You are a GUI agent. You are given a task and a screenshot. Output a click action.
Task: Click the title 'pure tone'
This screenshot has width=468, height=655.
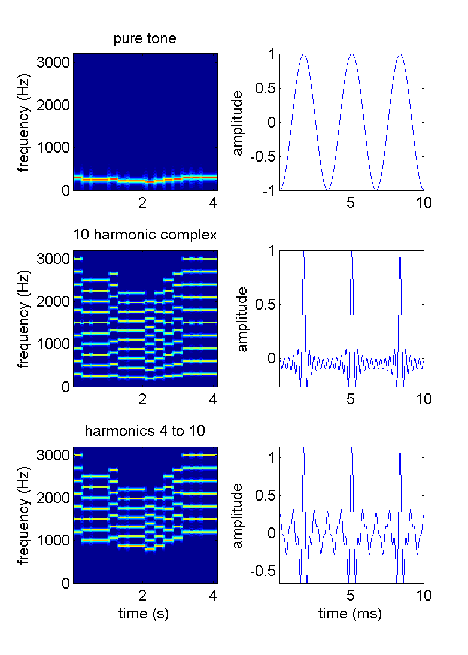(x=145, y=40)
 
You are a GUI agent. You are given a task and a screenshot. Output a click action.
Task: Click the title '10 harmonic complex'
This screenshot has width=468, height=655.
(x=145, y=234)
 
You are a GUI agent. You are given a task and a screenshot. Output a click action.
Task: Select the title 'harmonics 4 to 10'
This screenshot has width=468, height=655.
(x=145, y=430)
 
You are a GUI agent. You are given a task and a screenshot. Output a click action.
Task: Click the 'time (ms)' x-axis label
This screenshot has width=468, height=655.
(x=351, y=614)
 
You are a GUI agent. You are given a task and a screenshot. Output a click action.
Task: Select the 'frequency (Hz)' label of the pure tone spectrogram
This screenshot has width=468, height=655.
(x=23, y=122)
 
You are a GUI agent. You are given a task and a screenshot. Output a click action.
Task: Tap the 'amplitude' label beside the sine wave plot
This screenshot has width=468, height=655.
(x=238, y=122)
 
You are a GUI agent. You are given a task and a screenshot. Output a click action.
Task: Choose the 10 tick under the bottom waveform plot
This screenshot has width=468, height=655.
(x=423, y=595)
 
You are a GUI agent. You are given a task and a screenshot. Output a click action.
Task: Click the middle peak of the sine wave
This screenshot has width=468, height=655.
(x=352, y=55)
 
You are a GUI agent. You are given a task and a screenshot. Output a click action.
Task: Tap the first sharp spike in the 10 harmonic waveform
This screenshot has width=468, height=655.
(x=304, y=254)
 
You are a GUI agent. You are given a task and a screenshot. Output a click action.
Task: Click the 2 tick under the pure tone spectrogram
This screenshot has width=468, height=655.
(x=142, y=202)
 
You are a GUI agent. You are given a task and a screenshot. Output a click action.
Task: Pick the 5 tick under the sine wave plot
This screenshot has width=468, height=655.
(x=351, y=202)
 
